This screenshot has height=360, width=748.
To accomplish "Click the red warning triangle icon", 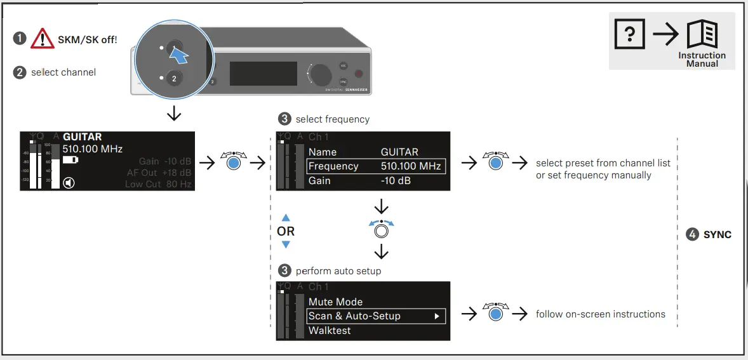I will pyautogui.click(x=43, y=39).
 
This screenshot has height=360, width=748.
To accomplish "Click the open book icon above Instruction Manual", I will pyautogui.click(x=702, y=35).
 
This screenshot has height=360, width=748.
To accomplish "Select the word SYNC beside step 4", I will pyautogui.click(x=717, y=234).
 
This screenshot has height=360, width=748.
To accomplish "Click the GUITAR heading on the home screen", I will pyautogui.click(x=82, y=137).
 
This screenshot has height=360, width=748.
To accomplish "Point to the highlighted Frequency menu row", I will pyautogui.click(x=375, y=166).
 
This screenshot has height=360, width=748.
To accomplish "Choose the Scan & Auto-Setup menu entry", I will pyautogui.click(x=375, y=316).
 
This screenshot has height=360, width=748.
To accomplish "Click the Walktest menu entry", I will pyautogui.click(x=330, y=330).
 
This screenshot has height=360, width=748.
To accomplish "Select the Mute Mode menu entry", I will pyautogui.click(x=335, y=302).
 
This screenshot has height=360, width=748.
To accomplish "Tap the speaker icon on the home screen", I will pyautogui.click(x=69, y=183).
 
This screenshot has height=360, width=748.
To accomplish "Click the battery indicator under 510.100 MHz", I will pyautogui.click(x=70, y=160).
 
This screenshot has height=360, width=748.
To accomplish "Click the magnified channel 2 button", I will pyautogui.click(x=175, y=79).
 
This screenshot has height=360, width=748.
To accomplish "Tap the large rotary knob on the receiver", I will pyautogui.click(x=321, y=74).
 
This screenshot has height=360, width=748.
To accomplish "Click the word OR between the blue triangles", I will pyautogui.click(x=286, y=232).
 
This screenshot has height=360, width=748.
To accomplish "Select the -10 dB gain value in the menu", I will pyautogui.click(x=396, y=181).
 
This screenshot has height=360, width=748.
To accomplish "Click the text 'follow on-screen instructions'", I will pyautogui.click(x=600, y=314).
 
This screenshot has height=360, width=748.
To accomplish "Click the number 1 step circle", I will pyautogui.click(x=20, y=39).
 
